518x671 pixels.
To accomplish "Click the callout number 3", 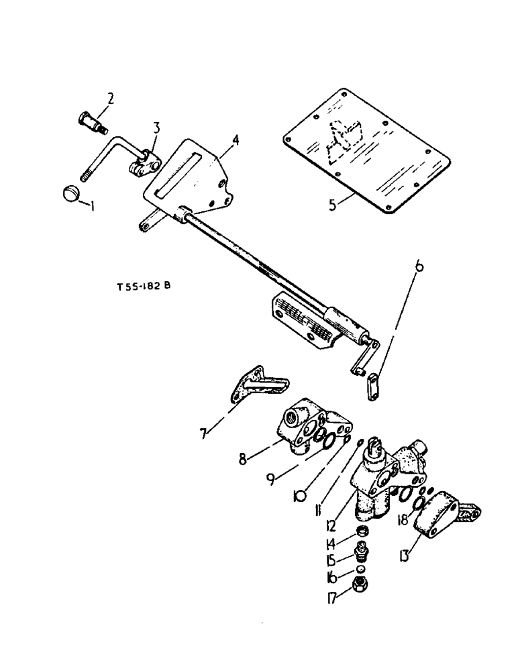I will click(155, 127).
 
